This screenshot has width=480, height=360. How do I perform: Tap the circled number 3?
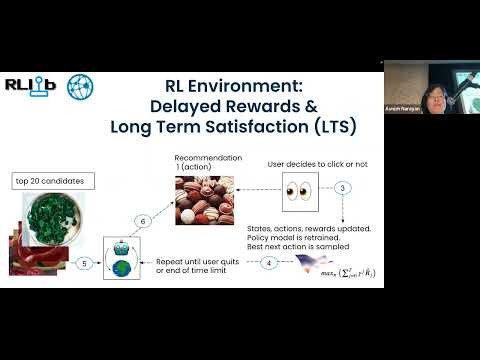342,188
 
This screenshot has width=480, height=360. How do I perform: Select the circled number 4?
268,262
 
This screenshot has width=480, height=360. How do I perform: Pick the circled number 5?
86,263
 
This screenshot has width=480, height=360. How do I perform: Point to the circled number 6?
143,220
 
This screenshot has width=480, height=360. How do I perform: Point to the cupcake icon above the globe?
125,249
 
